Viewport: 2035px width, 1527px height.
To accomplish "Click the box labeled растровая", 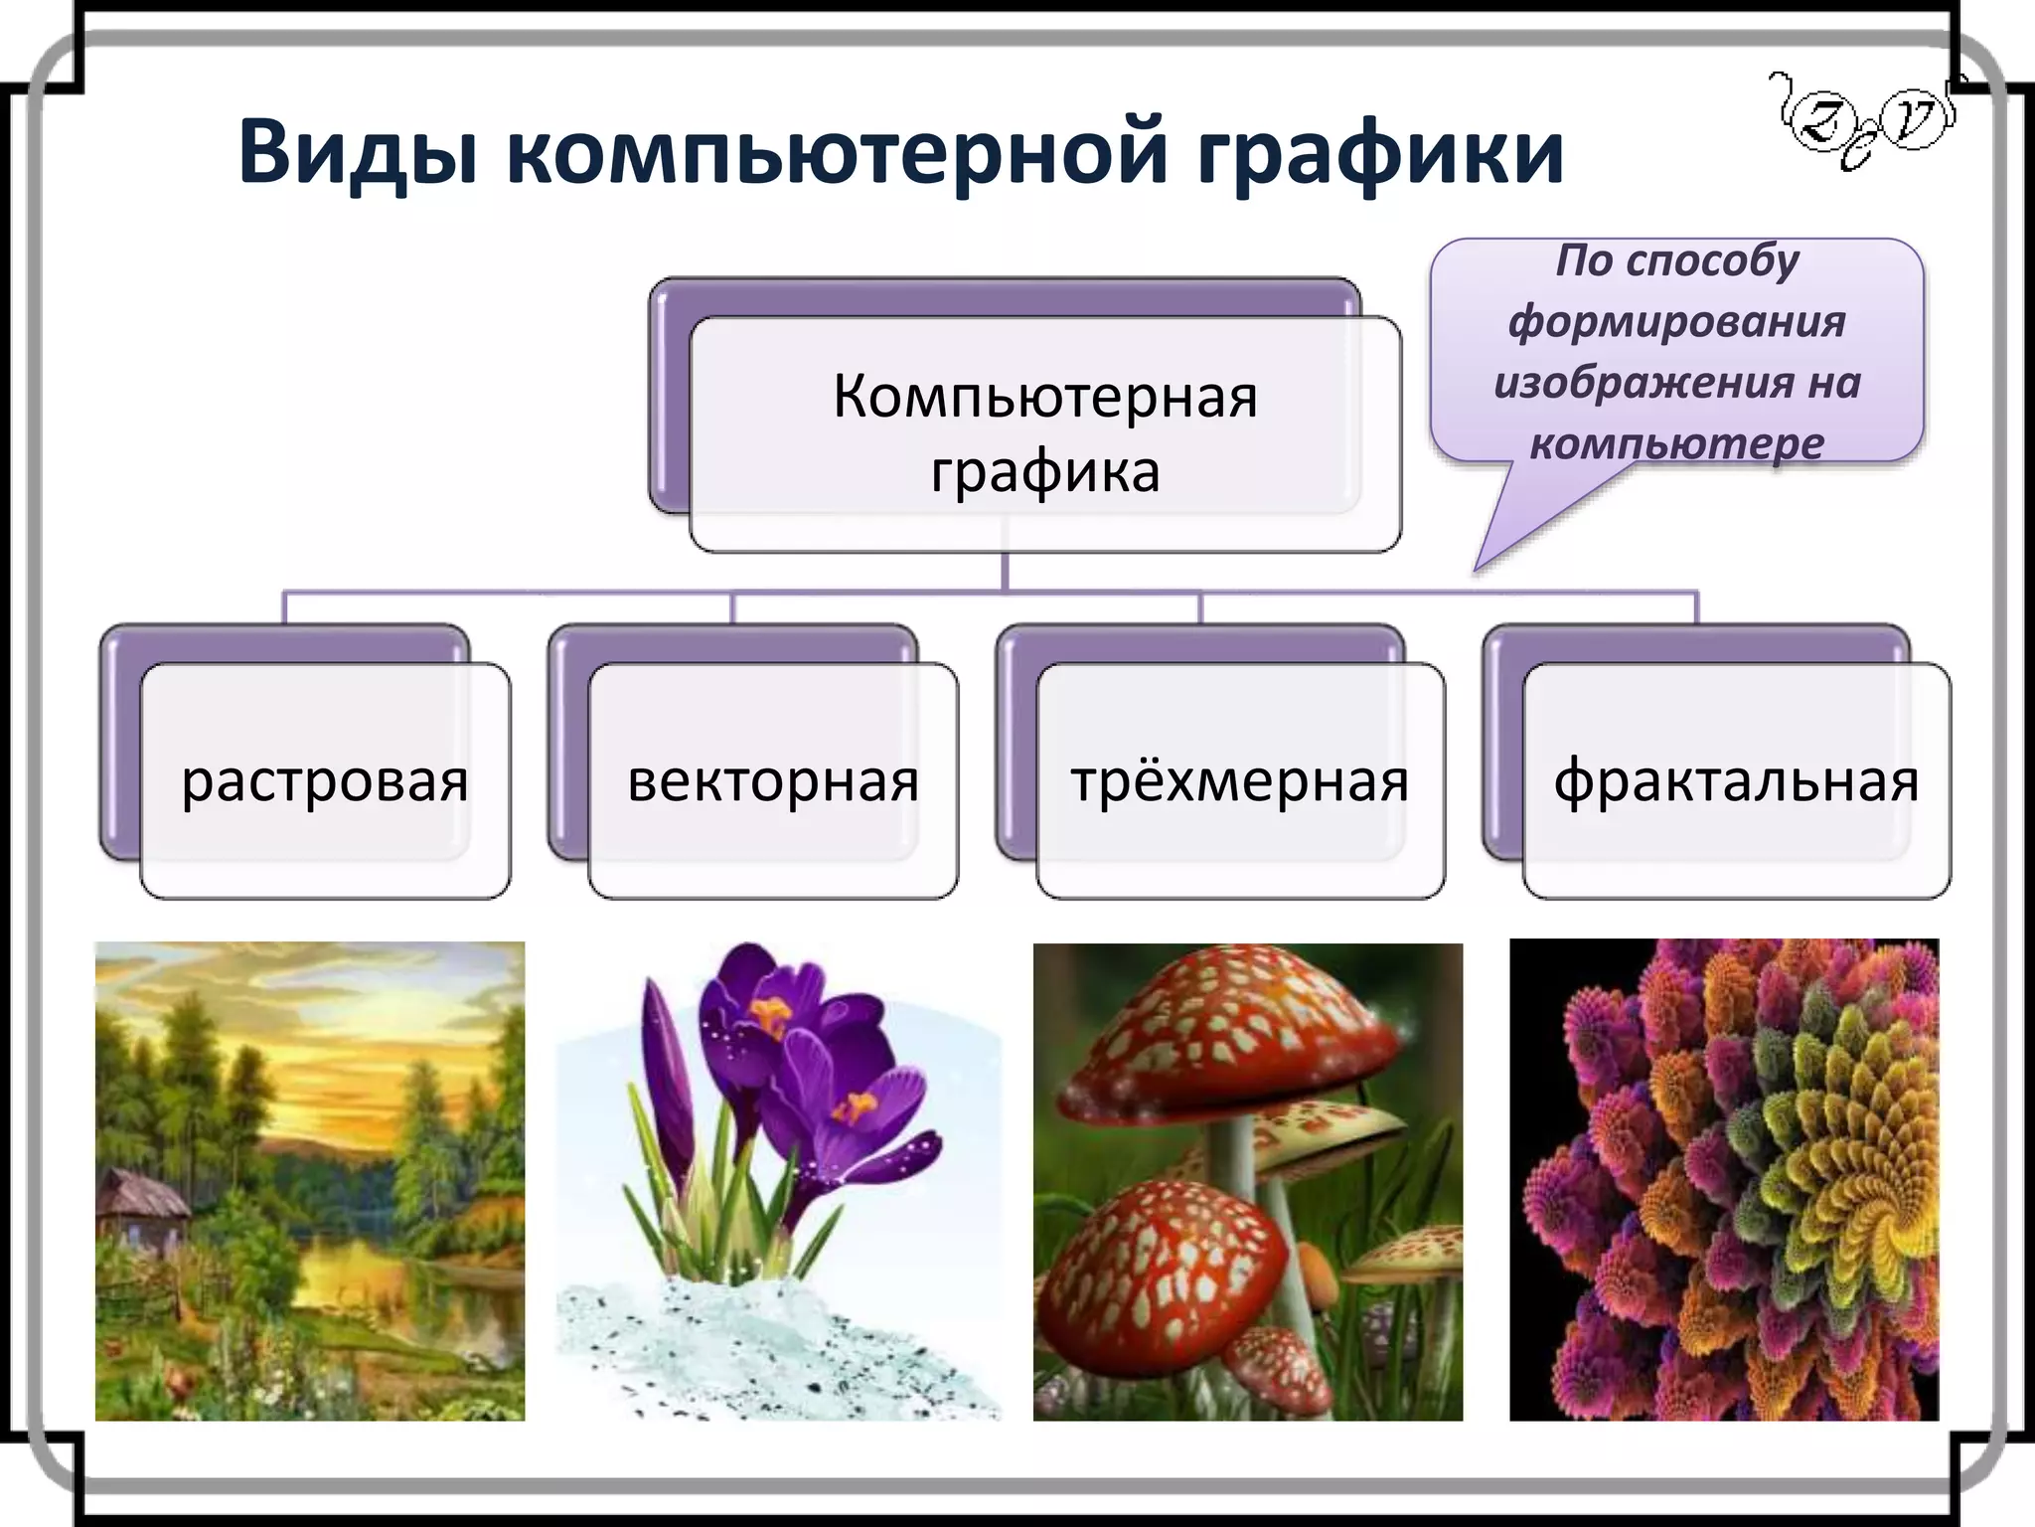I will [325, 780].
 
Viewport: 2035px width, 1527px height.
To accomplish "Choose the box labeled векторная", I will [773, 780].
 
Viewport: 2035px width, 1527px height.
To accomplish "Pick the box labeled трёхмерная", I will [1240, 780].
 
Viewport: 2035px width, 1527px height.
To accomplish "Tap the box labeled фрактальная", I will [1736, 780].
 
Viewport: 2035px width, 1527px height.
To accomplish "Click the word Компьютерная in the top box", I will [1044, 397].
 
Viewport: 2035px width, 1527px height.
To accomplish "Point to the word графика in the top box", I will [1044, 471].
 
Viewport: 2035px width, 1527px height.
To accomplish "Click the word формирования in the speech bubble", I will [1676, 321].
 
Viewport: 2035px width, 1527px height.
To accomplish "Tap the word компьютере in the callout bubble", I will [1676, 442].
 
